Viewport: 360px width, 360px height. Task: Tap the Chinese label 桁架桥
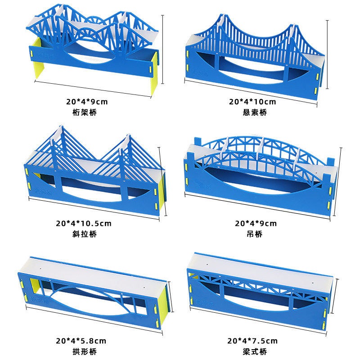(85, 112)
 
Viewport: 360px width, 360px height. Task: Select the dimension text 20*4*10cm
(252, 102)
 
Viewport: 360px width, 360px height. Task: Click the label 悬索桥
(255, 112)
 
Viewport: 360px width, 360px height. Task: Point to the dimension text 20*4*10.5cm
(84, 223)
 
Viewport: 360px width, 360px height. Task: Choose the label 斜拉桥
(84, 234)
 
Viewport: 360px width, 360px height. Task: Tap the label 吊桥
(255, 234)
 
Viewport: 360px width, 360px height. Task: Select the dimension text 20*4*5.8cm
(84, 341)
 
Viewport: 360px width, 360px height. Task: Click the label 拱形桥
(84, 351)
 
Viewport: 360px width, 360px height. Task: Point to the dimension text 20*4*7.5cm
(252, 341)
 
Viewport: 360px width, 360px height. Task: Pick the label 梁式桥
(255, 351)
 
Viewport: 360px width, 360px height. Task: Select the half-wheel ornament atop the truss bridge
(96, 21)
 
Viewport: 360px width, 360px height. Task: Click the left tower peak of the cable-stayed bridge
(59, 128)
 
